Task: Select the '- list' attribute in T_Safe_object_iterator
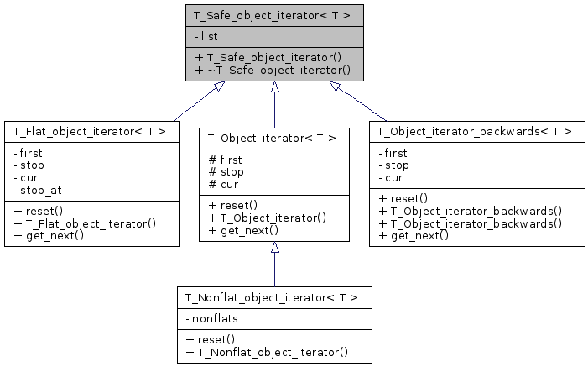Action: coord(208,37)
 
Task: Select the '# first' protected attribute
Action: coord(224,160)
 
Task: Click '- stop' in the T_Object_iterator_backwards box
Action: coord(393,165)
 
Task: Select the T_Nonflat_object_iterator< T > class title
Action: coord(273,297)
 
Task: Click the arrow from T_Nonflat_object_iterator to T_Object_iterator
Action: coord(274,264)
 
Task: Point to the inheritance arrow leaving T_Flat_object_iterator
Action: coord(195,102)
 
